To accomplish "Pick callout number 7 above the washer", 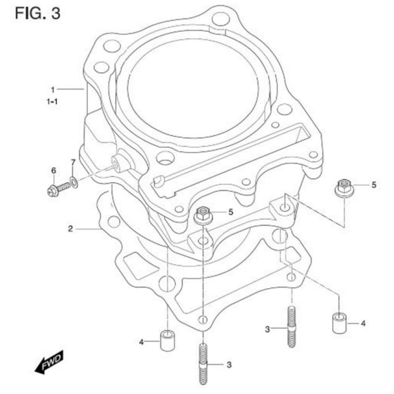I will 73,161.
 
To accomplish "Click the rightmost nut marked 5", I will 342,189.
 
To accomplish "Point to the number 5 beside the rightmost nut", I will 373,185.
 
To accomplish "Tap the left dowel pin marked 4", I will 168,340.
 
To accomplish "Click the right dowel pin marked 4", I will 340,322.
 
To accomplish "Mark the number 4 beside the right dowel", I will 363,322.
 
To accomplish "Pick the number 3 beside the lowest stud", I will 228,365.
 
